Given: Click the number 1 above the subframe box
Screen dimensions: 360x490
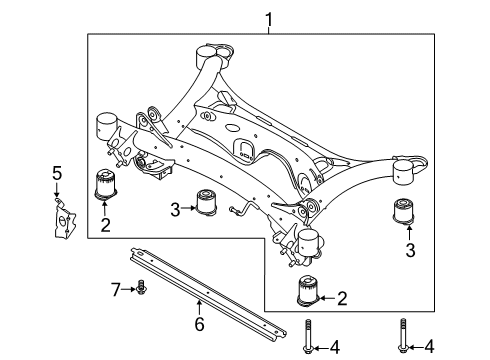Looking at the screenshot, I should point(267,19).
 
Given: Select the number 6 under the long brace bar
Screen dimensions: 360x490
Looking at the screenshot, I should point(200,324).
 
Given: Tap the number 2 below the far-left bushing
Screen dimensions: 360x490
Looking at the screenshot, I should point(104,225).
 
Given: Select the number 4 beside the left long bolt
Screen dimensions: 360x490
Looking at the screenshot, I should point(335,348).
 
